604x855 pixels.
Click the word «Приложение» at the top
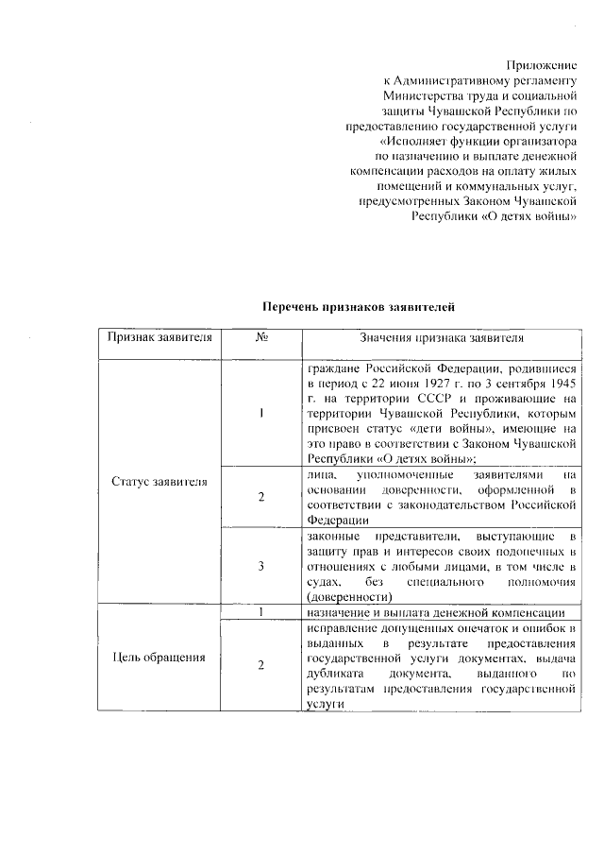(541, 64)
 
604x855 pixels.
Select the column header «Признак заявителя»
(159, 337)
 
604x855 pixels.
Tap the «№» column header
(260, 337)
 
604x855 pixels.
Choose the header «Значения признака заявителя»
(441, 337)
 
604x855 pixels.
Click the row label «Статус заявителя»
(159, 482)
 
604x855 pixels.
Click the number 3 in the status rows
(260, 566)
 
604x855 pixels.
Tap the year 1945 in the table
(561, 384)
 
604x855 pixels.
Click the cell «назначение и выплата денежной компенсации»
(436, 613)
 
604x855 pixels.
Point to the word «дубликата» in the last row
(333, 675)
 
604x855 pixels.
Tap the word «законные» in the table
(330, 536)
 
